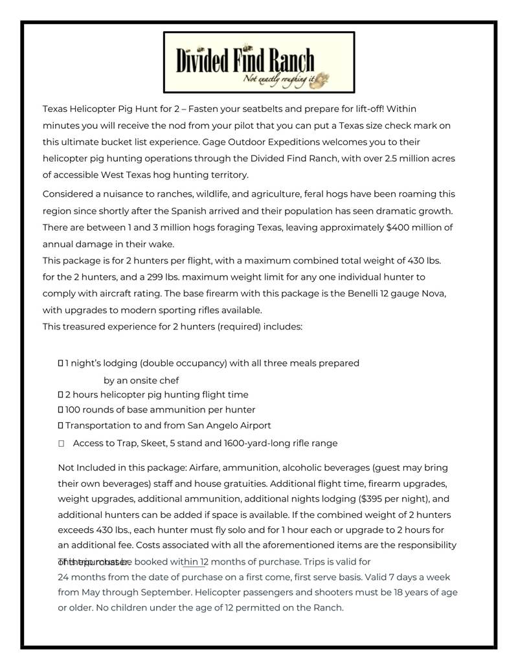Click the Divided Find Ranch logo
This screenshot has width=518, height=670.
pyautogui.click(x=258, y=62)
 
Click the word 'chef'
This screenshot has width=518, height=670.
pyautogui.click(x=168, y=381)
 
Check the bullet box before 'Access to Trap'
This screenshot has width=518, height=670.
pyautogui.click(x=62, y=444)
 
